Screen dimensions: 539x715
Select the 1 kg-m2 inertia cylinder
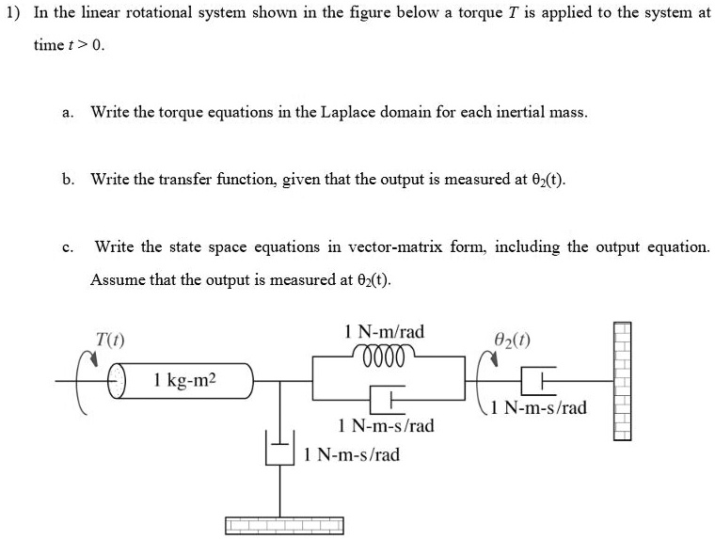click(x=189, y=381)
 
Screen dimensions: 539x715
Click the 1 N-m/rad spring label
click(x=385, y=331)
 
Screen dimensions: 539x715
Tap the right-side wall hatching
click(x=622, y=380)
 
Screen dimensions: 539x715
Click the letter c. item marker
click(x=67, y=248)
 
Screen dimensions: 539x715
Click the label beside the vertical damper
click(x=352, y=455)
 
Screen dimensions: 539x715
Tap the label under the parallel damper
click(x=386, y=426)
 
